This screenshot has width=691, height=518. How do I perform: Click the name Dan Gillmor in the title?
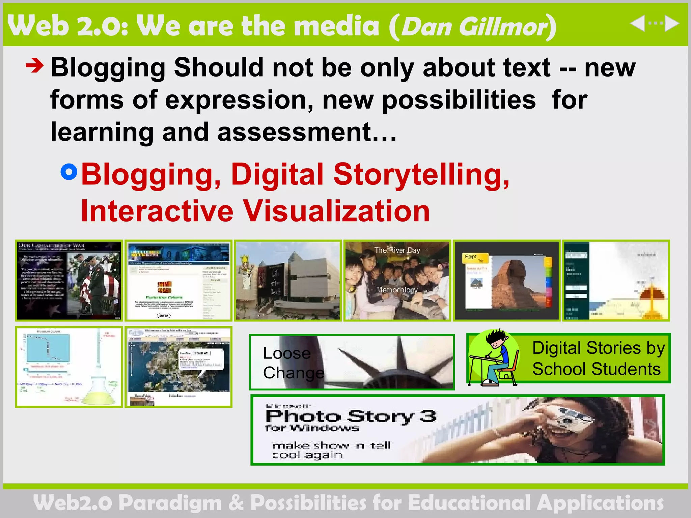coord(474,26)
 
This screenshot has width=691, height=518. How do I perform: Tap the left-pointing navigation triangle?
coord(637,24)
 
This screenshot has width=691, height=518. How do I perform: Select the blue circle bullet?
coord(69,172)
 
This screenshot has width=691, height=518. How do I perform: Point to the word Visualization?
coord(336,211)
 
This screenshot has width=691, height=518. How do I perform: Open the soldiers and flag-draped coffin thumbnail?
coord(69,281)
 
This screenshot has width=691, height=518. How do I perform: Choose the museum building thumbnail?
coord(288,281)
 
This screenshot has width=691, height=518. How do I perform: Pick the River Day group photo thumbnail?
coord(397,281)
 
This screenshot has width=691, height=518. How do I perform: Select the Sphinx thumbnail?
coord(506,281)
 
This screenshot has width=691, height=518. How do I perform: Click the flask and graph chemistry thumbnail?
coord(69,367)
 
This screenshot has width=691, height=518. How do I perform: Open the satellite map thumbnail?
coord(178,367)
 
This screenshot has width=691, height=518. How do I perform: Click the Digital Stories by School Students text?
coord(598,358)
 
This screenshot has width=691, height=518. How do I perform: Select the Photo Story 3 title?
coord(351,416)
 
